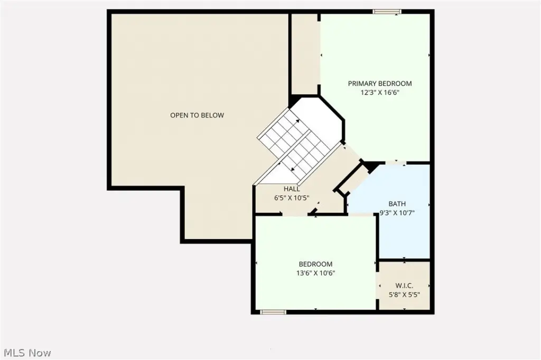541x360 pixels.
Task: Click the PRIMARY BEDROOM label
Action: [379, 83]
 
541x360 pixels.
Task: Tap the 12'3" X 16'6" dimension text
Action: [380, 92]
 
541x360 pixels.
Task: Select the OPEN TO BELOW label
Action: [197, 115]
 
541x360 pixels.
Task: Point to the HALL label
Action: [292, 189]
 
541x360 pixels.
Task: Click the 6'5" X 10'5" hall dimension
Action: [292, 198]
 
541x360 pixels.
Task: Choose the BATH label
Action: [397, 204]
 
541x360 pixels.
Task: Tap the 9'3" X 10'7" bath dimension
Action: [397, 213]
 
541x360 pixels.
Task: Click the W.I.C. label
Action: [404, 286]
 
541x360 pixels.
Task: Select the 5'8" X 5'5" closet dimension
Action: [404, 295]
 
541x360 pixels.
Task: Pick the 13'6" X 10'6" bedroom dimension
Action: [316, 273]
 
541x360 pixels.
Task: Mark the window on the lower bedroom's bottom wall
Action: [273, 312]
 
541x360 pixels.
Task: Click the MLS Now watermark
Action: [27, 353]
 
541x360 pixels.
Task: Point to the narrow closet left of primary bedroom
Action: [305, 54]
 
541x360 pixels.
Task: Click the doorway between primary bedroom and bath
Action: [395, 162]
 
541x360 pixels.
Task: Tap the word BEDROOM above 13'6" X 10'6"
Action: [316, 264]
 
